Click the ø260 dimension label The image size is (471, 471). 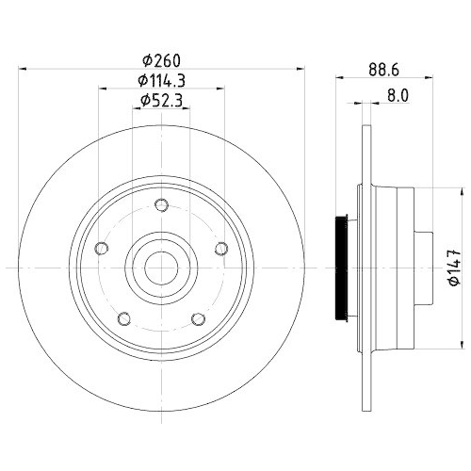pyautogui.click(x=161, y=57)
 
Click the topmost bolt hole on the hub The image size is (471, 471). pyautogui.click(x=161, y=206)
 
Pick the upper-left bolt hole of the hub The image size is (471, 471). pyautogui.click(x=103, y=249)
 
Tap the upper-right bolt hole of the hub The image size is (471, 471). pyautogui.click(x=220, y=249)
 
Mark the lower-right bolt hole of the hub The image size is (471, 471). pyautogui.click(x=198, y=318)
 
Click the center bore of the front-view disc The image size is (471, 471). pyautogui.click(x=161, y=268)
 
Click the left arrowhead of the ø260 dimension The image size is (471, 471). pyautogui.click(x=24, y=69)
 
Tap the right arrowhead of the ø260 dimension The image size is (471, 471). pyautogui.click(x=300, y=69)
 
